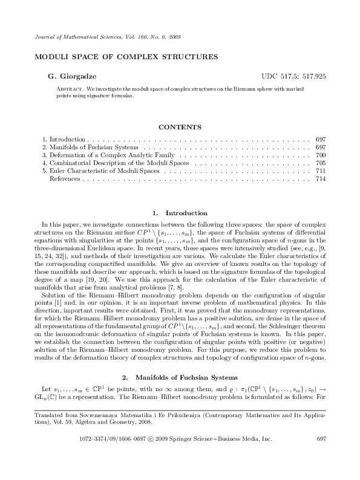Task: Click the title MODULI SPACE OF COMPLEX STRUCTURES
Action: pyautogui.click(x=121, y=57)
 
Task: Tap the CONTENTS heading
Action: pyautogui.click(x=180, y=127)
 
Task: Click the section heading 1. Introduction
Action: pyautogui.click(x=180, y=213)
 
